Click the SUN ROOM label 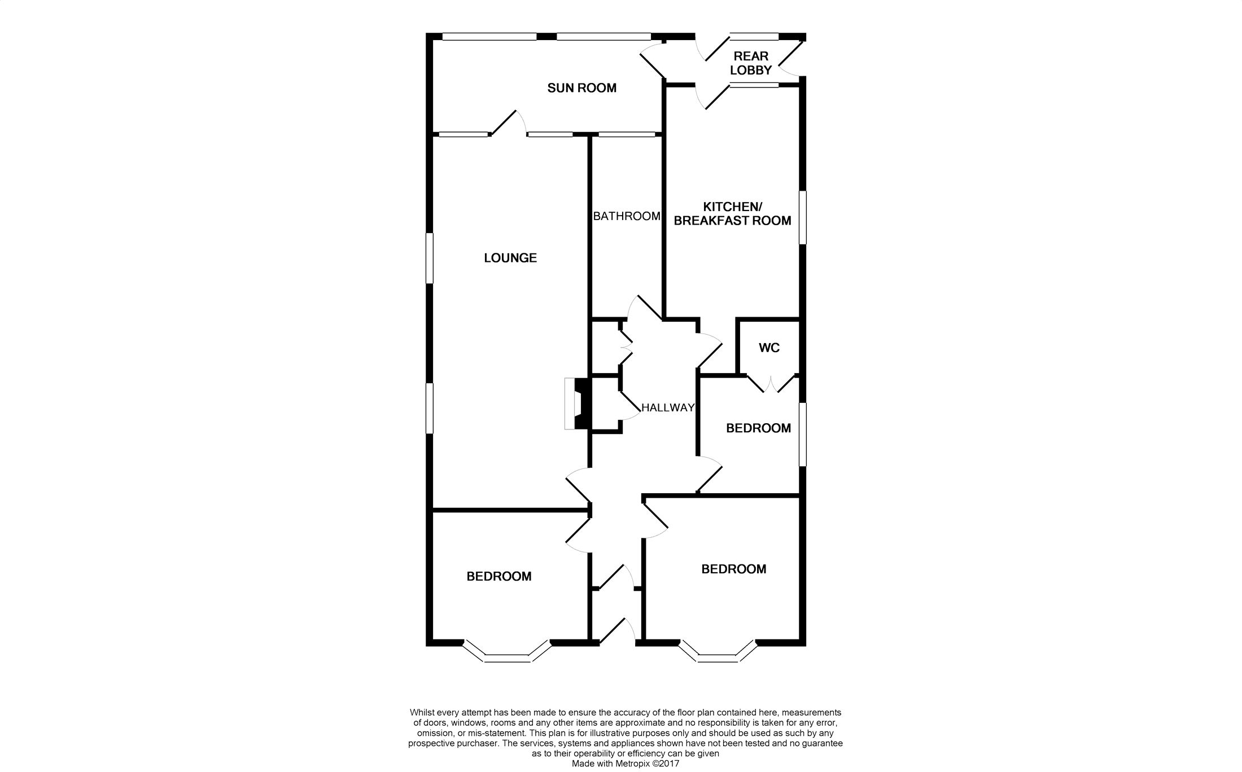point(581,88)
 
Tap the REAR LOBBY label point(750,63)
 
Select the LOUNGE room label point(510,258)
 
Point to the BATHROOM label point(627,216)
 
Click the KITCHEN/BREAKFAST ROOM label point(732,214)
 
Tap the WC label point(769,348)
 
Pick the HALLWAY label point(668,407)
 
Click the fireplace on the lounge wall point(577,404)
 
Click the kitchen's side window point(802,218)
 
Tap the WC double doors point(770,384)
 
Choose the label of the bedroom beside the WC point(758,428)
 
